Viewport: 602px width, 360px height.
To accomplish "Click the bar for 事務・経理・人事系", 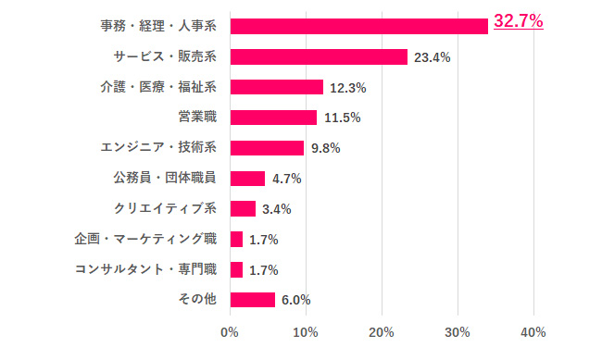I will (x=358, y=26).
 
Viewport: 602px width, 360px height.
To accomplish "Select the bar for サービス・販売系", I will (x=319, y=56).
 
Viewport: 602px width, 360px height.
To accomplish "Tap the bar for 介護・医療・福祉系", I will (x=276, y=87).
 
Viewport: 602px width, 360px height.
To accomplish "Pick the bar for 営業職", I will (x=273, y=118).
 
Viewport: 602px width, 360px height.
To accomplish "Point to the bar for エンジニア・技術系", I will (x=267, y=148).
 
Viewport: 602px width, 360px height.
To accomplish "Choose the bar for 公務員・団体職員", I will (x=247, y=179).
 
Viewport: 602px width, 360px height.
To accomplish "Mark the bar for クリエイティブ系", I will (x=243, y=208).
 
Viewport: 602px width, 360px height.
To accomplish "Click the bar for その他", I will (x=252, y=299).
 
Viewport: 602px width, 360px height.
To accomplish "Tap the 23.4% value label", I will (x=433, y=57).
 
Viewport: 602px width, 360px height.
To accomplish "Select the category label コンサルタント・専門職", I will (x=145, y=269).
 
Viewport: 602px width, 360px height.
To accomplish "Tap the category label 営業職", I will (x=196, y=118).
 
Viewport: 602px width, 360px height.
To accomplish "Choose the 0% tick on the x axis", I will (x=230, y=331).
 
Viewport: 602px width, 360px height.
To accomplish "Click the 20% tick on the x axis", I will (x=382, y=331).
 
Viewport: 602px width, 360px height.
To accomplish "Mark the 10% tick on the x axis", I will (x=306, y=331).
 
